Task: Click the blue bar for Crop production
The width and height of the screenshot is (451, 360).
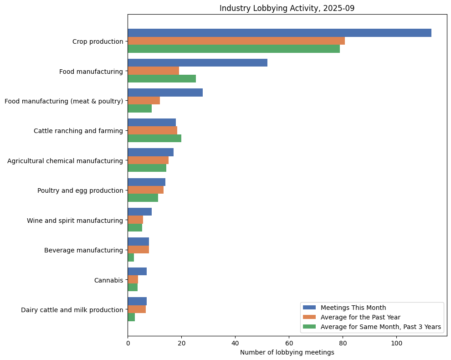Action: [x=279, y=33]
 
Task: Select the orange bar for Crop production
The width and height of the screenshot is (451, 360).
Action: [x=236, y=41]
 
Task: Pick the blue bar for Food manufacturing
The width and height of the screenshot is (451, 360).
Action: [x=197, y=63]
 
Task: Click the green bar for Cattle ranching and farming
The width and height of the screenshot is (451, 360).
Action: [x=154, y=139]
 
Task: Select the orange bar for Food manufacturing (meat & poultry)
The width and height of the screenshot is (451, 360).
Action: [x=143, y=101]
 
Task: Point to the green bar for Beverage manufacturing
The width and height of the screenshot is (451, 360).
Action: [x=131, y=258]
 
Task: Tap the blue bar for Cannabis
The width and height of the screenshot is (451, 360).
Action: [x=137, y=272]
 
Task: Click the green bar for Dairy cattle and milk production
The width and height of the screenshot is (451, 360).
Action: [x=131, y=318]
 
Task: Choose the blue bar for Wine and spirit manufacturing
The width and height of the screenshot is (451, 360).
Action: [x=139, y=212]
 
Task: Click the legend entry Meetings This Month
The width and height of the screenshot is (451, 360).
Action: [x=353, y=308]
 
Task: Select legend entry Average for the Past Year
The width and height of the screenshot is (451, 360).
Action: [x=360, y=317]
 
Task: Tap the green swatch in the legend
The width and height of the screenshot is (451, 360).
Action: [x=309, y=327]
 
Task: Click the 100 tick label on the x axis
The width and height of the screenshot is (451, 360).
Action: [x=396, y=343]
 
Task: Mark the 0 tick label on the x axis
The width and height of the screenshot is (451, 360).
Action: [x=128, y=343]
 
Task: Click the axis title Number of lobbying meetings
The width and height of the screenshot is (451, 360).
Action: [x=287, y=352]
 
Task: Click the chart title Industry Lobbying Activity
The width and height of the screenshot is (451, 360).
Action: [x=287, y=8]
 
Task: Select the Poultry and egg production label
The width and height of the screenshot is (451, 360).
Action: [x=80, y=190]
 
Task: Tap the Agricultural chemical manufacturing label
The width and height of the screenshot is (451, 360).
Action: [x=65, y=160]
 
